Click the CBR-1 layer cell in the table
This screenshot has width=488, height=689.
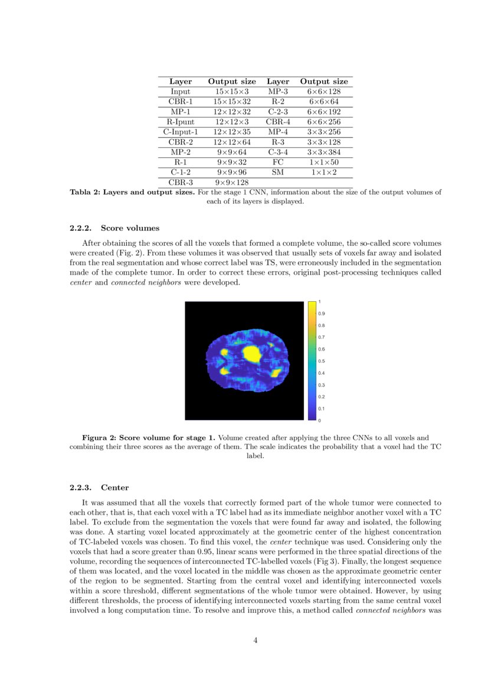[x=181, y=101]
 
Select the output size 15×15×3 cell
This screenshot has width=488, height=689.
[x=232, y=91]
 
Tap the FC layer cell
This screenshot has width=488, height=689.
[x=278, y=161]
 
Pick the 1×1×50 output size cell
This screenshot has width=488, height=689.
[x=324, y=161]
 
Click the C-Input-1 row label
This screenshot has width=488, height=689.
[x=181, y=131]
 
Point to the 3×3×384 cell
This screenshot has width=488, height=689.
[x=324, y=151]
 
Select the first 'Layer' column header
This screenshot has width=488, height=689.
[x=181, y=81]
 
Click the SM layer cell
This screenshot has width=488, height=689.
[x=278, y=172]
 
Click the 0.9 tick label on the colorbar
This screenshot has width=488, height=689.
[x=322, y=314]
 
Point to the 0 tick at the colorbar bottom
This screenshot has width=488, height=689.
[x=319, y=420]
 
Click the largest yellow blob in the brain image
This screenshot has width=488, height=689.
[x=253, y=354]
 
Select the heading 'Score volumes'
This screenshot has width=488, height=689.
[x=130, y=228]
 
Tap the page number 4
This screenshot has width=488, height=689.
[x=256, y=641]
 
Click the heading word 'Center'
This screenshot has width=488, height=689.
[x=114, y=487]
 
